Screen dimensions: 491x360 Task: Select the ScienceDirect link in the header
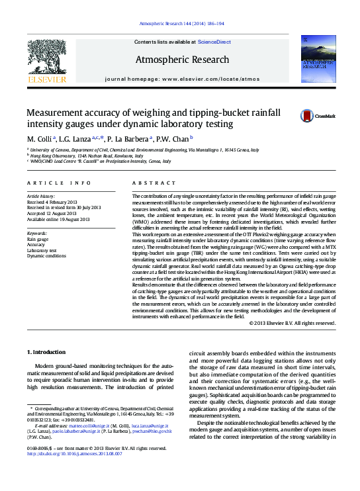click(214, 42)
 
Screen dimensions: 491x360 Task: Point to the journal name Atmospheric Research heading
click(182, 60)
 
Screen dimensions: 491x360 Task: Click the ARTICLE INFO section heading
click(59, 182)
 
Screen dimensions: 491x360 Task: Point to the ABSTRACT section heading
click(153, 182)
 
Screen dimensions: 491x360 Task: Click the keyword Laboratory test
click(42, 251)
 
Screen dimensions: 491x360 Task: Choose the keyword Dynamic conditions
click(46, 256)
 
